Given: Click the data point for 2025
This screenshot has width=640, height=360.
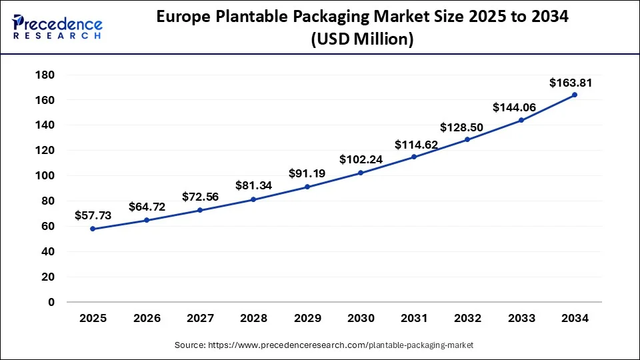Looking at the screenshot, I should click(x=93, y=229).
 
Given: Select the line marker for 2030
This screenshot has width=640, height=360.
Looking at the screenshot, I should click(x=361, y=173).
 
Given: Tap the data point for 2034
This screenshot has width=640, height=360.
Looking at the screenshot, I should click(x=575, y=95).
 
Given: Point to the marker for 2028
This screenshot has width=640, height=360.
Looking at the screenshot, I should click(x=253, y=199).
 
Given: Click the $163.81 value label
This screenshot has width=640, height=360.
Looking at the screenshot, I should click(x=570, y=83).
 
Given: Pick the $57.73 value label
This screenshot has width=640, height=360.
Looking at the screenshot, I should click(x=93, y=215).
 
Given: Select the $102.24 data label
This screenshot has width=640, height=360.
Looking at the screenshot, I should click(x=361, y=160).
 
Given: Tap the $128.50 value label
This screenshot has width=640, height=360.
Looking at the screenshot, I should click(x=467, y=127).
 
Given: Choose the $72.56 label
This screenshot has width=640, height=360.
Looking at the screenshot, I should click(x=200, y=197).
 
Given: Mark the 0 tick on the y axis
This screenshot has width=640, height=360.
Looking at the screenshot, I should click(x=50, y=302).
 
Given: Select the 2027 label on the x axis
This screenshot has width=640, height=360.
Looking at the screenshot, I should click(x=200, y=319).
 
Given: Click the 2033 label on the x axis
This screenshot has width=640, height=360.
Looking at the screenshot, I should click(x=521, y=319).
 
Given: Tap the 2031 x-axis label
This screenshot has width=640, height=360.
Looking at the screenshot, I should click(x=414, y=319).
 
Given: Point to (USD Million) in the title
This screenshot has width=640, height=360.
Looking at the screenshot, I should click(x=362, y=40).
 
